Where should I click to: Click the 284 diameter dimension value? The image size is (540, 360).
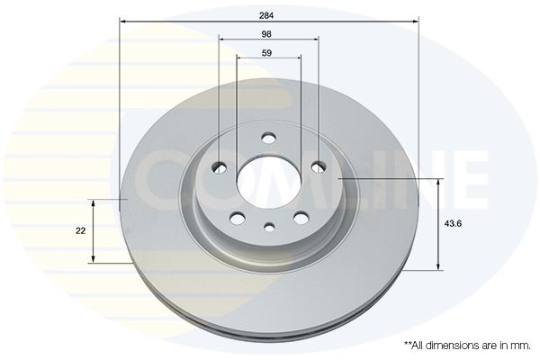[266, 15]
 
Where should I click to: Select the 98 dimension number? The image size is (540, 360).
[266, 34]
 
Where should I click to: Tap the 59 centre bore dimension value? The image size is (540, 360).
[266, 53]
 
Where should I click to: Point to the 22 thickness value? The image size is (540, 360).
[81, 230]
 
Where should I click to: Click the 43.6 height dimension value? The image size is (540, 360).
[453, 223]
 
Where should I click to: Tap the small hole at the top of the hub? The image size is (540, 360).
[268, 138]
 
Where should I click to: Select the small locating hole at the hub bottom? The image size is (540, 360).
[269, 227]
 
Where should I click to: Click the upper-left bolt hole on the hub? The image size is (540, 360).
[219, 167]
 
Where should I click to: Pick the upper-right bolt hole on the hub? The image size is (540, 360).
[319, 167]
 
